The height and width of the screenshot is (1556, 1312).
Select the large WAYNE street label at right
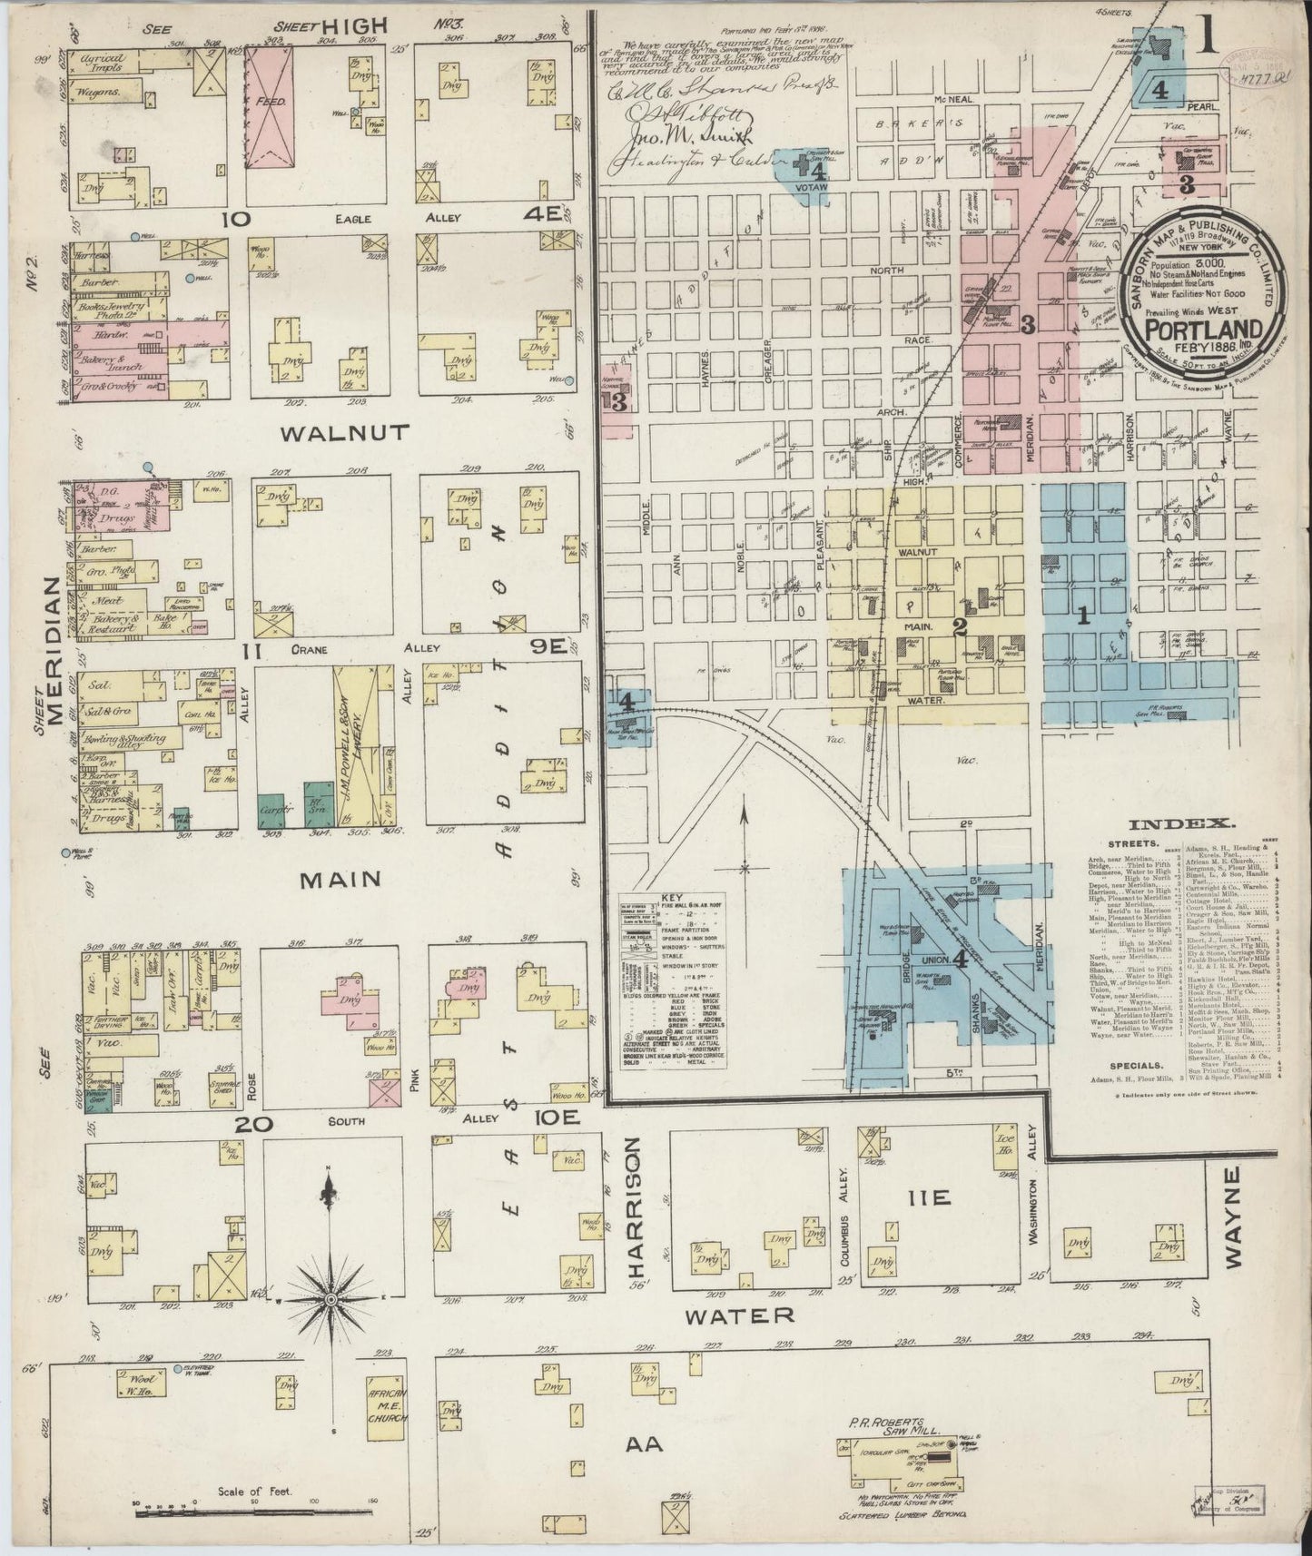tap(1231, 1217)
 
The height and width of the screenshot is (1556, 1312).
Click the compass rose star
tap(330, 1300)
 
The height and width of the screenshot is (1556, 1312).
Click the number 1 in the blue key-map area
tap(1082, 616)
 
